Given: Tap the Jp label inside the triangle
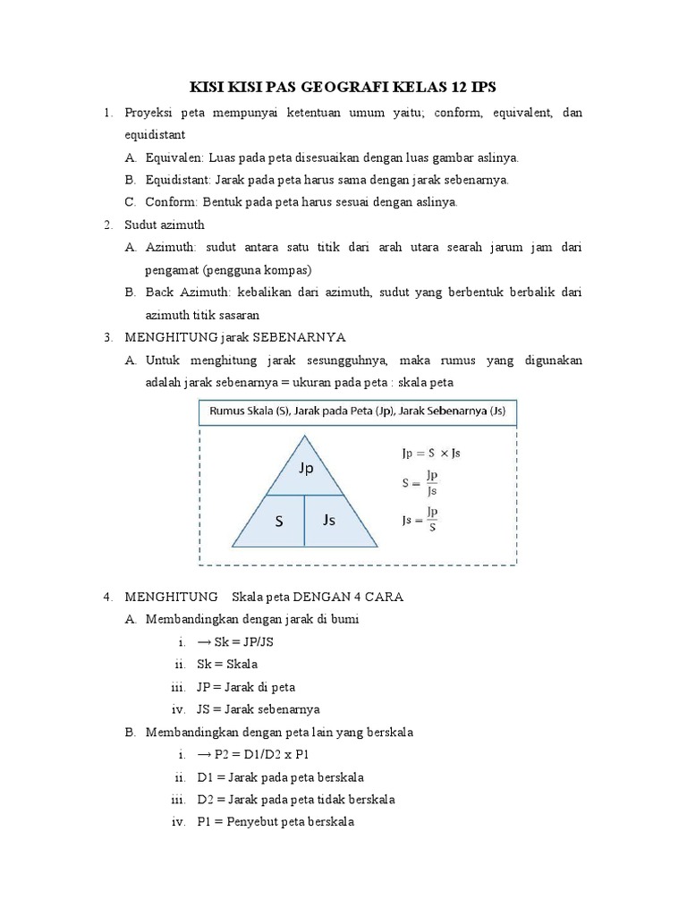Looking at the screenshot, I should click(305, 468).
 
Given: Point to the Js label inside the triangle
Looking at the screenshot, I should click(329, 520).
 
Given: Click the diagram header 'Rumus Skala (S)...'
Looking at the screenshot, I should click(357, 412).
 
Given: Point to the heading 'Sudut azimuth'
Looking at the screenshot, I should click(165, 225).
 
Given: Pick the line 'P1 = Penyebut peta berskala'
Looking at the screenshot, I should click(276, 821).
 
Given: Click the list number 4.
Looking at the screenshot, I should click(106, 597).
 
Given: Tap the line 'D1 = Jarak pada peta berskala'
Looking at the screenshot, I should click(280, 776).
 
